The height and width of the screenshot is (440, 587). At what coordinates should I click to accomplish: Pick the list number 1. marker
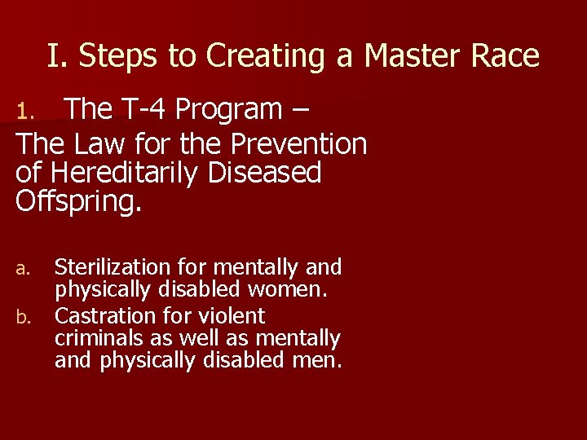click(x=28, y=109)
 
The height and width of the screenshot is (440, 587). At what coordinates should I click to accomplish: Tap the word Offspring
click(x=78, y=201)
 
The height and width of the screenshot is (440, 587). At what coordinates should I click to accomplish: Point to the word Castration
click(x=104, y=315)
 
